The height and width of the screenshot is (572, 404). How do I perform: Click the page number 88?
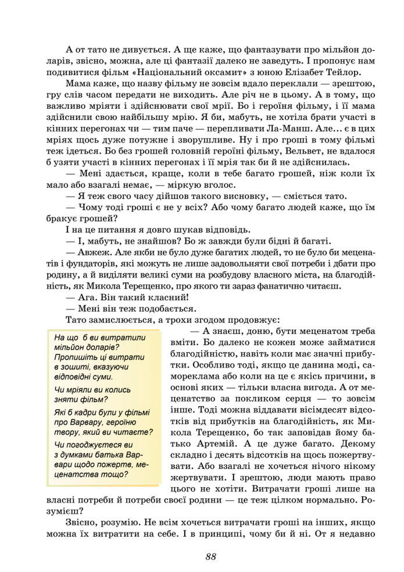(210, 556)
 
